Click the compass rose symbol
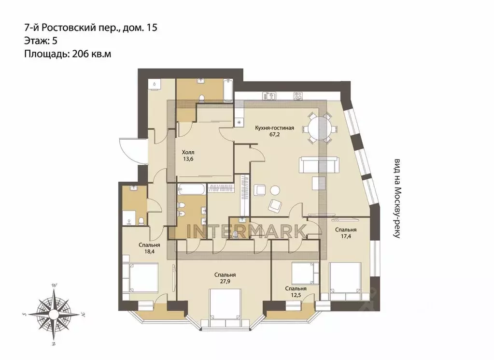click(x=54, y=314)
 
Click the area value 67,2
click(x=274, y=134)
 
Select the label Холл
click(x=188, y=153)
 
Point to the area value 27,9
click(x=225, y=281)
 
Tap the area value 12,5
click(x=296, y=295)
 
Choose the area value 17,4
click(x=346, y=236)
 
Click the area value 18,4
click(x=149, y=251)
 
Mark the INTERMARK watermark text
click(x=246, y=231)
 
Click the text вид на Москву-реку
click(x=397, y=198)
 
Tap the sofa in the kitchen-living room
click(x=320, y=165)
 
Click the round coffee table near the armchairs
click(x=275, y=190)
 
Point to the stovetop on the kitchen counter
click(x=298, y=96)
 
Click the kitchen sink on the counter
click(x=269, y=96)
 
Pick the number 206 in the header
click(x=80, y=54)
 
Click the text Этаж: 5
click(x=41, y=41)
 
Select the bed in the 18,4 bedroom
click(x=141, y=278)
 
